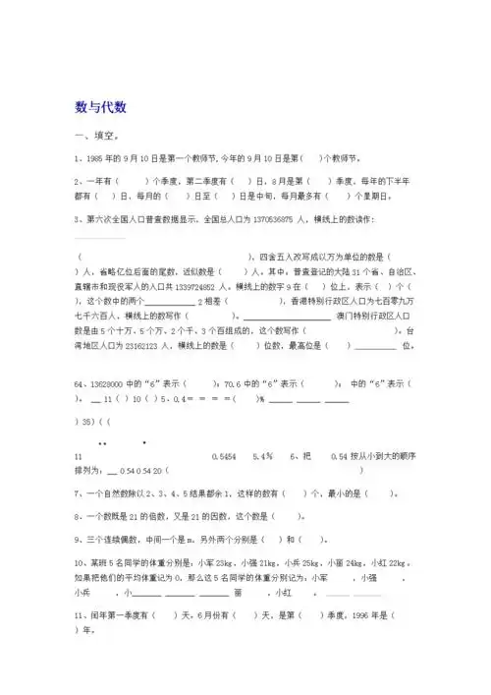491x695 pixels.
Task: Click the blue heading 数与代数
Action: click(101, 106)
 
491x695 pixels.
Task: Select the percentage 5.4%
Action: click(262, 457)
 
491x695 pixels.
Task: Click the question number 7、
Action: click(79, 493)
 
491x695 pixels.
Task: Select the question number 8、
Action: click(79, 515)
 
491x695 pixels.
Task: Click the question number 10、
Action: click(82, 561)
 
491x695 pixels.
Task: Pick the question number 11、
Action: click(82, 614)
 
